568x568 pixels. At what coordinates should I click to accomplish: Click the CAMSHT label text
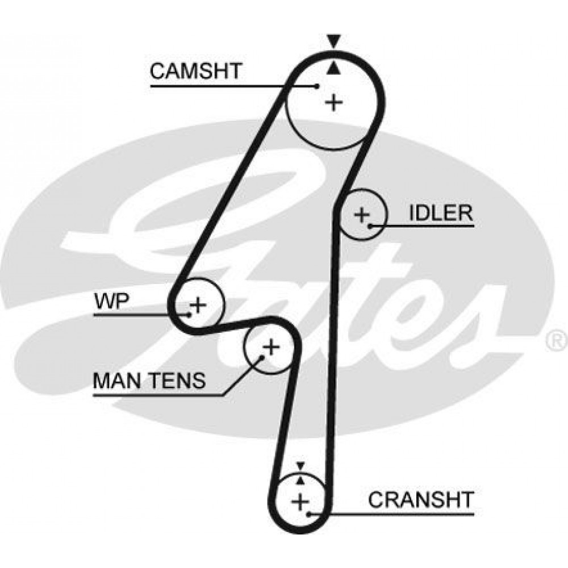click(x=195, y=71)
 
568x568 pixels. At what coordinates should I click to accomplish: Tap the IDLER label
click(x=441, y=213)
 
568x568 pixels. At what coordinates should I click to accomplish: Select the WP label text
click(x=111, y=301)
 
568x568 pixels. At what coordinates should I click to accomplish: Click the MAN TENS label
click(x=149, y=381)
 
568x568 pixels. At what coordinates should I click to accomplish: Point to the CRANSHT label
click(x=421, y=500)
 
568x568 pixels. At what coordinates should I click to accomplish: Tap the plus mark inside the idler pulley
click(x=361, y=215)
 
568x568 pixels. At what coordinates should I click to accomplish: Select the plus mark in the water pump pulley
click(x=198, y=304)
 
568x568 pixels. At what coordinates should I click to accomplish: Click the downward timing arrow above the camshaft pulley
click(x=333, y=41)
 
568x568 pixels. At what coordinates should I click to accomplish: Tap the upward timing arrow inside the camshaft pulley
click(x=333, y=68)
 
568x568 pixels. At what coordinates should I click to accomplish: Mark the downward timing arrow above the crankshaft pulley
click(x=300, y=466)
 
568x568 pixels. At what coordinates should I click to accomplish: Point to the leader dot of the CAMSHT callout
click(x=317, y=86)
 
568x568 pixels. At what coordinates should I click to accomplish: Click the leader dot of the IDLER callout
click(x=370, y=227)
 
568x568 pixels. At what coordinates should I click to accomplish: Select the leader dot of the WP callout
click(x=189, y=315)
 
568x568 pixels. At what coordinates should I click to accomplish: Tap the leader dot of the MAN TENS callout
click(x=262, y=357)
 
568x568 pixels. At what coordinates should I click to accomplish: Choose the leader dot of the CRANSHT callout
click(x=308, y=513)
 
